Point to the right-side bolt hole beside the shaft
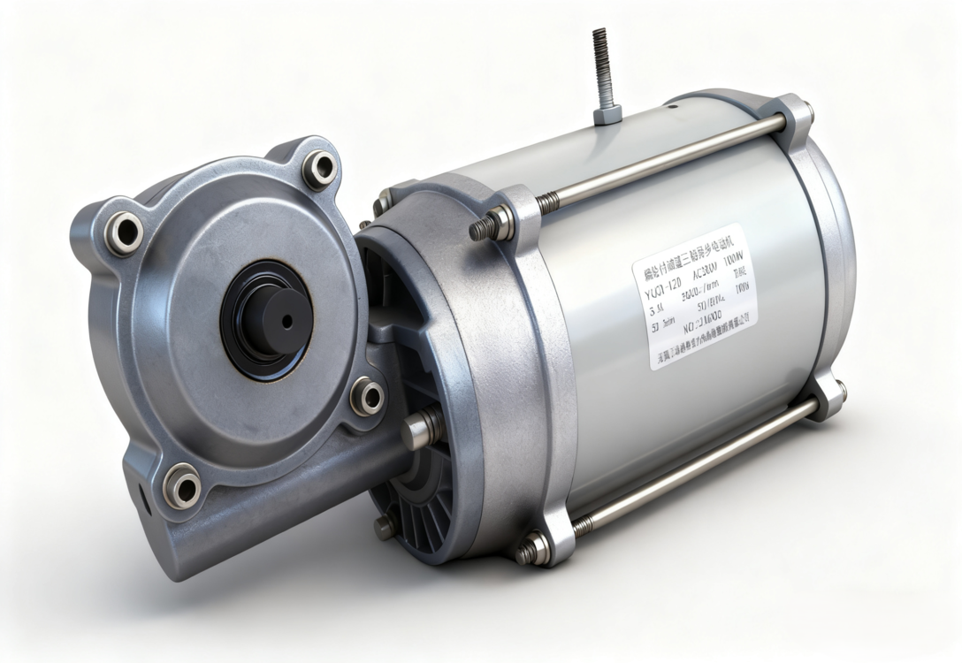coord(367,396)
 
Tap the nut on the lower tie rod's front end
coord(533,549)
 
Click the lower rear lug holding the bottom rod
coord(828,396)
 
